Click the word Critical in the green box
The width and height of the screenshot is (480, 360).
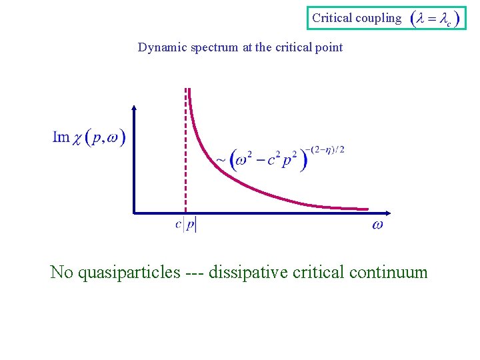(331, 18)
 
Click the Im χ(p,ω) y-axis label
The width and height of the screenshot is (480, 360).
(89, 138)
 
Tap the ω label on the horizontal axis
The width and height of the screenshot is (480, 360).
(377, 225)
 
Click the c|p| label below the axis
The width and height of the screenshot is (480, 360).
(186, 225)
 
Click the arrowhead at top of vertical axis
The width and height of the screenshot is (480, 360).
(135, 109)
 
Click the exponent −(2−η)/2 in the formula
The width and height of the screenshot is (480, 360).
(326, 149)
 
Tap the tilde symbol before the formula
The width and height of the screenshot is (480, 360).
(221, 161)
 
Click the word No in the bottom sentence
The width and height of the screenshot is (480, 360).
(62, 272)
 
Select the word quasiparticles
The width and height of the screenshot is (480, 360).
(129, 272)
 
